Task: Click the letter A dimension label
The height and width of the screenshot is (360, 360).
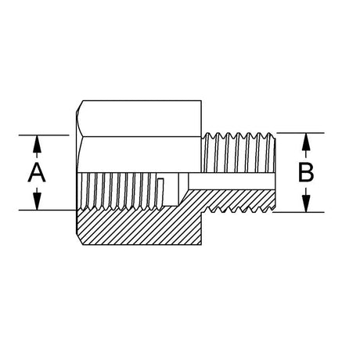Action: click(x=37, y=172)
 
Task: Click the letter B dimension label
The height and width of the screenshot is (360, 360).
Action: click(x=306, y=172)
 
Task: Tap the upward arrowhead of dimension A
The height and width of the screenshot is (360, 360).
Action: click(x=37, y=144)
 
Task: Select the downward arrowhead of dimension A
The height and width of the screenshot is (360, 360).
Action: click(x=38, y=201)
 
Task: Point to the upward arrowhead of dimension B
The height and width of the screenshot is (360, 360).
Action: click(x=306, y=142)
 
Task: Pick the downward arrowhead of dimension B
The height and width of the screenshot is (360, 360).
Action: click(x=306, y=203)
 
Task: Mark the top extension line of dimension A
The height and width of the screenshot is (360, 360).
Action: click(x=44, y=135)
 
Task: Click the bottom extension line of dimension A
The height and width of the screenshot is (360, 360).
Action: click(x=48, y=210)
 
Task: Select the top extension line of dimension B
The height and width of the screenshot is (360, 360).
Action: click(x=301, y=133)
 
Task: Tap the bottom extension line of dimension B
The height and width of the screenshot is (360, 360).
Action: click(x=298, y=212)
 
